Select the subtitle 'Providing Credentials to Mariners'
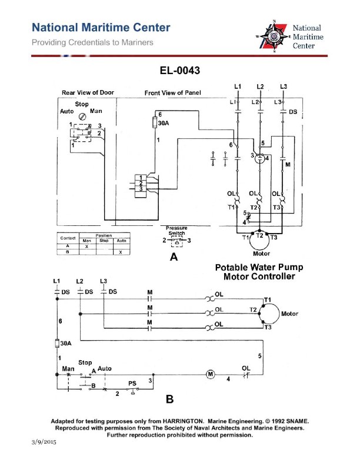click(x=92, y=42)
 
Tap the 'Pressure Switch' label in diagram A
click(x=176, y=231)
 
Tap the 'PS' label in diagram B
click(x=132, y=384)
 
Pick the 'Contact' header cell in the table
click(x=68, y=238)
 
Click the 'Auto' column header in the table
click(x=121, y=241)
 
